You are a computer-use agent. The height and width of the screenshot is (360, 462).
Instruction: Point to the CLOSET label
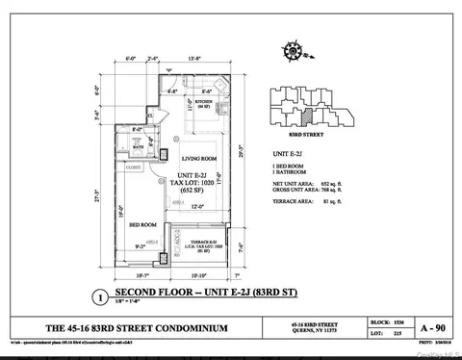pyautogui.click(x=134, y=167)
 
